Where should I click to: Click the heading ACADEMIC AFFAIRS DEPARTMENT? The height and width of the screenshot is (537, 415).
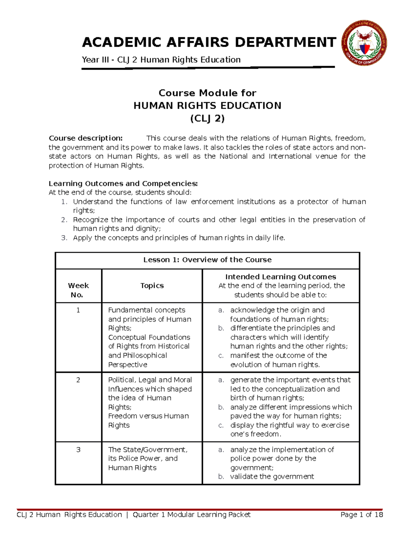point(209,42)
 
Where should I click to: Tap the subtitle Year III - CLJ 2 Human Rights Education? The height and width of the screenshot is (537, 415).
point(161,60)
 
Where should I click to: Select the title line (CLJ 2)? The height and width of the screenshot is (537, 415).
point(207,119)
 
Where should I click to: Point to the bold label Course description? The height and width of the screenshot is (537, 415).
point(85,138)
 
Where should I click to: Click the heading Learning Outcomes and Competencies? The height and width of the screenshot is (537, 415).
point(123,183)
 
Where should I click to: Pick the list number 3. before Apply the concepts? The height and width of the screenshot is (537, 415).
point(64,238)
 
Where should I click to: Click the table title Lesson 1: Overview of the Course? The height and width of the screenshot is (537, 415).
point(207,260)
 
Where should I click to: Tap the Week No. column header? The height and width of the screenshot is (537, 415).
point(78,290)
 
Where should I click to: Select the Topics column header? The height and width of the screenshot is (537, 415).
point(152,286)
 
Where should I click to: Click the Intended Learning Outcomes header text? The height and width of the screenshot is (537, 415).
point(280,277)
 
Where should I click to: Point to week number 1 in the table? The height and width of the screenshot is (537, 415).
point(78,310)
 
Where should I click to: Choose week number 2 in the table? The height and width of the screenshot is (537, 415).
point(78,380)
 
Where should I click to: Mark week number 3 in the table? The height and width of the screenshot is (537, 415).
point(78,450)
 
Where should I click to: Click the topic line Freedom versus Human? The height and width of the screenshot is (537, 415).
point(148,416)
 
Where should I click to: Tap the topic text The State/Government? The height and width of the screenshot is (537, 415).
point(148,450)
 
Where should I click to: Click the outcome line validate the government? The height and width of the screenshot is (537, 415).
point(272,476)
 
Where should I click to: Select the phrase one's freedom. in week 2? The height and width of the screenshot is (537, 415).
point(256,434)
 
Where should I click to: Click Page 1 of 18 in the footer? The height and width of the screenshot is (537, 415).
point(361,515)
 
